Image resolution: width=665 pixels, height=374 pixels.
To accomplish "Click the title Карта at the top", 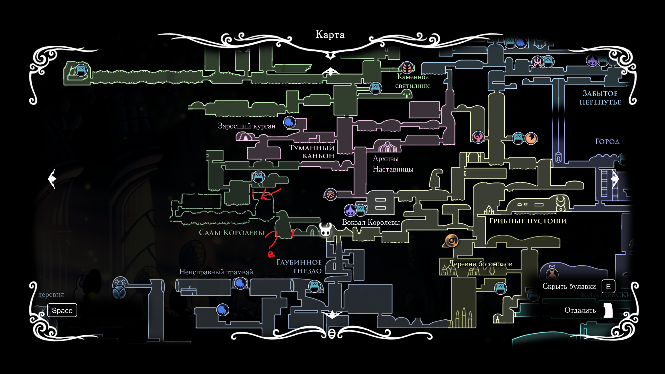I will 330,35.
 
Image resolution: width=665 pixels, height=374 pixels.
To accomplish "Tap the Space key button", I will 62,310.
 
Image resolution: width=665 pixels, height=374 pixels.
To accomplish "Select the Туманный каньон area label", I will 312,152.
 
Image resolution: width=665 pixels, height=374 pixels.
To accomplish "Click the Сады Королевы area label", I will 231,233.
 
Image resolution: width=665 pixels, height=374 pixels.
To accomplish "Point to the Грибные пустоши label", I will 528,221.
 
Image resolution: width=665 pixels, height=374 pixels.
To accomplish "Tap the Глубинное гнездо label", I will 299,266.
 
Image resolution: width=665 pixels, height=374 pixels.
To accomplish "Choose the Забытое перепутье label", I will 600,98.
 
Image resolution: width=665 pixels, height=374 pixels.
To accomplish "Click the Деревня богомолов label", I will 480,264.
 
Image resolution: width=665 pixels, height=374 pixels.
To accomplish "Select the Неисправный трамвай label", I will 216,272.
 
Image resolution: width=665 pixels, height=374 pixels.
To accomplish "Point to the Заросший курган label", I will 247,126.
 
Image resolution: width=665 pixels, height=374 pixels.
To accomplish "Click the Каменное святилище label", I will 413,81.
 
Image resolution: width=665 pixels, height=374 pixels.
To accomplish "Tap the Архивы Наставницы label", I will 393,164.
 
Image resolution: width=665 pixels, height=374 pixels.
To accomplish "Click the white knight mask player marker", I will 325,230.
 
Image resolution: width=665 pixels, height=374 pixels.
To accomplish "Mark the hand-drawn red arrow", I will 270,194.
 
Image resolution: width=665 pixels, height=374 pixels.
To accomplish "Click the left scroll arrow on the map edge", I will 52,179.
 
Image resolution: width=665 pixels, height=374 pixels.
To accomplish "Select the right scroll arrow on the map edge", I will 615,179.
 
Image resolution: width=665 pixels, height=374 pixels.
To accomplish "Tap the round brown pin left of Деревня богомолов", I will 452,240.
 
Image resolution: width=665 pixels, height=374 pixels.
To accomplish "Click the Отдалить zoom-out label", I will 580,310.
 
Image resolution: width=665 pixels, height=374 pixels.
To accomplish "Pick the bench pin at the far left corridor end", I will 81,70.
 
